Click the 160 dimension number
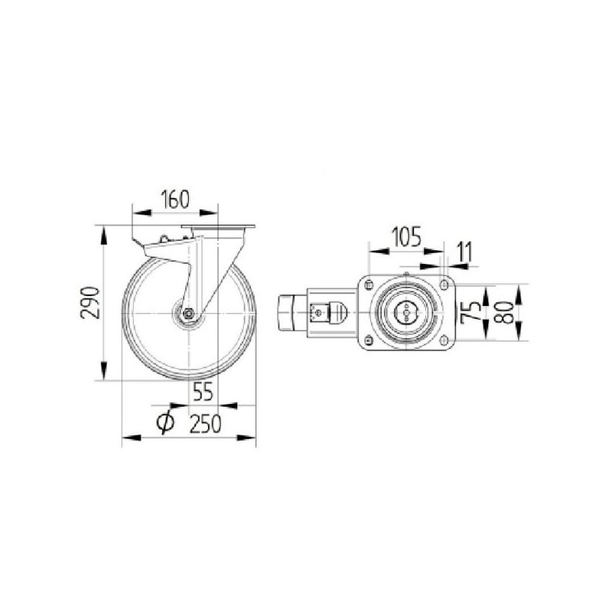[x=175, y=199]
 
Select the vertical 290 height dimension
[x=104, y=303]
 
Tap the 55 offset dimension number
[x=203, y=392]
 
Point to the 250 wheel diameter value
[x=205, y=423]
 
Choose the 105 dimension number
[x=406, y=237]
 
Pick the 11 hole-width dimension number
[x=464, y=252]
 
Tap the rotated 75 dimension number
[x=470, y=313]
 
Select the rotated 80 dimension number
[x=504, y=313]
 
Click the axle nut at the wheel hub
[x=188, y=313]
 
